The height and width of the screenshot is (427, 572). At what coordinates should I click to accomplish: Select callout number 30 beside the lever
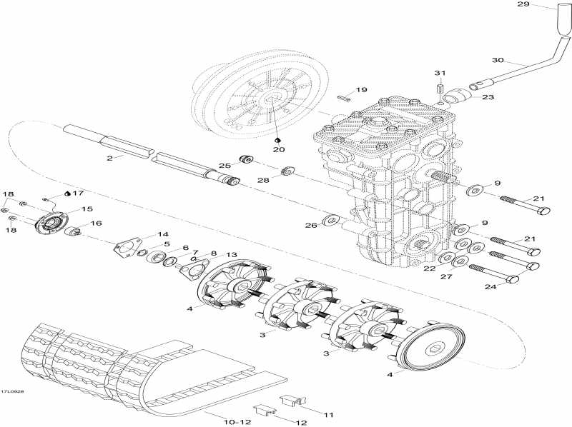coord(498,59)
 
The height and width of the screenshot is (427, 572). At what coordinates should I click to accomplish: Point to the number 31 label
coord(440,74)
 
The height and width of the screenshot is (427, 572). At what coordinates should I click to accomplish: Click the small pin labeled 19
coord(344,97)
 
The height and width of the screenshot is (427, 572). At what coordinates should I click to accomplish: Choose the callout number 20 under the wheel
coord(277,149)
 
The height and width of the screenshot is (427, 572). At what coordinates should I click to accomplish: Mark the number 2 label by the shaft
coord(109,159)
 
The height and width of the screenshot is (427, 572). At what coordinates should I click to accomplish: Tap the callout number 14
coord(163,234)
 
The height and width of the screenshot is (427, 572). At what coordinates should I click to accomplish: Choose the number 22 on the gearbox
coord(430,268)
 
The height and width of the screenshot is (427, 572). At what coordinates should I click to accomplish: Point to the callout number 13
coord(231,255)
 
